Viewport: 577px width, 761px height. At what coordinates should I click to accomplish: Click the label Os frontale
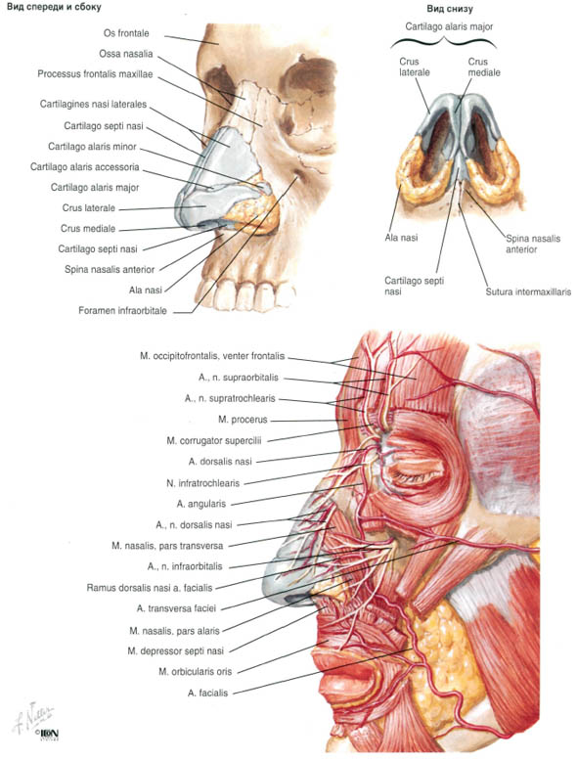tap(126, 33)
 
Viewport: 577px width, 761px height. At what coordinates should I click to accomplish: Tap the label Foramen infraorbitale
tap(123, 311)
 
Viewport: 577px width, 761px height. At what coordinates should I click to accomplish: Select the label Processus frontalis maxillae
tap(95, 74)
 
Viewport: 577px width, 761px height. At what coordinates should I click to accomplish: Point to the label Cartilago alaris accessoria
tap(85, 167)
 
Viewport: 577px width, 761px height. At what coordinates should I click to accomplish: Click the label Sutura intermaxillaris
tap(528, 292)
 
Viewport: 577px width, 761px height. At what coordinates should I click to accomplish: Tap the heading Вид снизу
tap(450, 9)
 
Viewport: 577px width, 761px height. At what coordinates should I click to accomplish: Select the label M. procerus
tap(243, 420)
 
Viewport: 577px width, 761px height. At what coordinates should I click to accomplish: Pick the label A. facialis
tap(207, 694)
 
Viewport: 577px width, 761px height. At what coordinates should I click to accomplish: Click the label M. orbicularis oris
tap(195, 672)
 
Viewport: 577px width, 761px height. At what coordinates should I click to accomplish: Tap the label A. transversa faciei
tap(176, 608)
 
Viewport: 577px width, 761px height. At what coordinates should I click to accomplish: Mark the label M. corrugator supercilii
tap(214, 441)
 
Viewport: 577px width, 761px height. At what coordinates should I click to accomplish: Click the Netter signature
tap(34, 714)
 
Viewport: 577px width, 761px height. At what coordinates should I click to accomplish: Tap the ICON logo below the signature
tap(48, 734)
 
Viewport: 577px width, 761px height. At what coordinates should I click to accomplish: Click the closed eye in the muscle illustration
tap(419, 470)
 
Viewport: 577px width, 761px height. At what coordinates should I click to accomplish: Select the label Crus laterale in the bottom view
tap(415, 67)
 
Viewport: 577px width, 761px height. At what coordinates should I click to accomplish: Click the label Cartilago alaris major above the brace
tap(449, 26)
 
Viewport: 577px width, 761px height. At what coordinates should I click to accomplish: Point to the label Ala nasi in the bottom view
tap(401, 238)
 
